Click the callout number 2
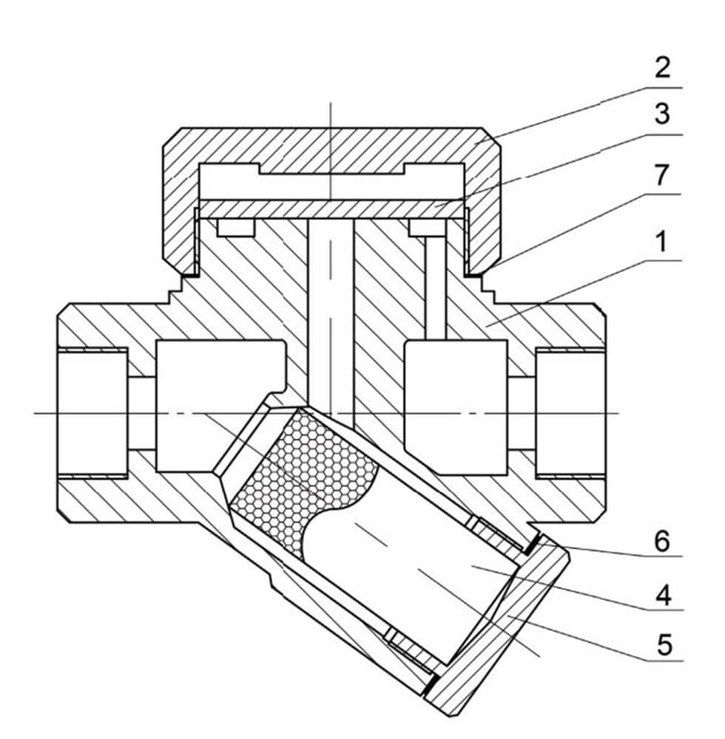click(661, 68)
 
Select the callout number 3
click(661, 115)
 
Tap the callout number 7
click(661, 175)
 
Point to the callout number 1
click(661, 242)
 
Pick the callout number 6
click(661, 541)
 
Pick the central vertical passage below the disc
click(331, 310)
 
